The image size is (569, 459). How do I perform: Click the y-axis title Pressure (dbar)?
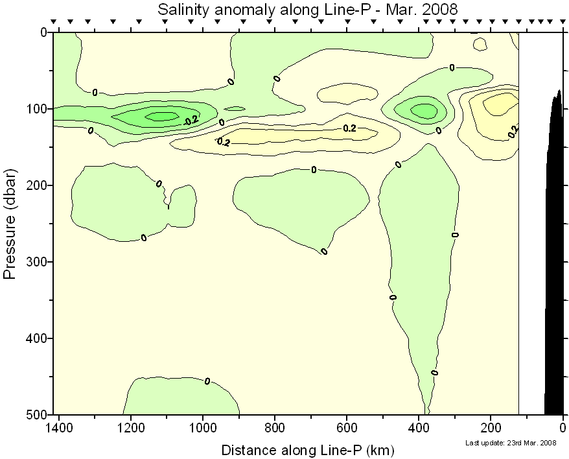click(x=10, y=224)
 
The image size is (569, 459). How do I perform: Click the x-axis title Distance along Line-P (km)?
click(x=308, y=449)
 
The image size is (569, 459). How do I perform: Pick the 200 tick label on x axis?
click(x=491, y=429)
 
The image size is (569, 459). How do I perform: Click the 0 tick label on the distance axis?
click(x=563, y=429)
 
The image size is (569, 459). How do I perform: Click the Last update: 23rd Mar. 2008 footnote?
click(x=511, y=443)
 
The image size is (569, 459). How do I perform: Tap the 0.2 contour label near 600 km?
click(x=349, y=128)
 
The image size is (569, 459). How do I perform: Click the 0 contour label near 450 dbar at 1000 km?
click(x=207, y=381)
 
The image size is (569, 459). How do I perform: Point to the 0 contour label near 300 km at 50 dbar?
click(x=452, y=67)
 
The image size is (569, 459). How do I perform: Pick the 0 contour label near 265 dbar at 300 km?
click(x=455, y=235)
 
